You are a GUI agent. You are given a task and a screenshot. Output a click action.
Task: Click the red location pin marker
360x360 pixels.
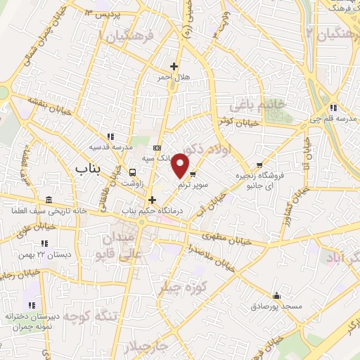point(181,165)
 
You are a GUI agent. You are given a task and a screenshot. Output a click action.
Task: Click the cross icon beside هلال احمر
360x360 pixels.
point(174,67)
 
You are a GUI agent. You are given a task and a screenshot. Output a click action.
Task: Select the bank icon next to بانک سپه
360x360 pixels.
point(157,148)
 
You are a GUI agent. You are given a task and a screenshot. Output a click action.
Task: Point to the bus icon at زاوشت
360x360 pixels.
point(134,172)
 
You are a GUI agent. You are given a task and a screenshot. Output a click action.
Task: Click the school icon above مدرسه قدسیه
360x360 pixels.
point(110,136)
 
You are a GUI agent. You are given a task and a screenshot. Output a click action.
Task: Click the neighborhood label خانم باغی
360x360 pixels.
point(266,104)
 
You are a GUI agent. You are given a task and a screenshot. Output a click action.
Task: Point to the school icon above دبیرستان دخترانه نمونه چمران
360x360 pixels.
point(31,305)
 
